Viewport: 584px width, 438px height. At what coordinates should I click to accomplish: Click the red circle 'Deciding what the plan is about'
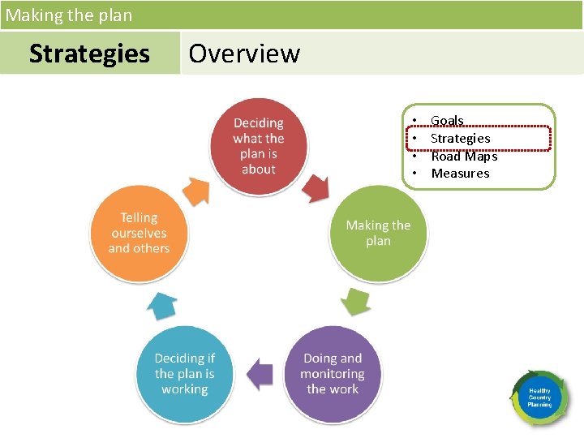pos(258,146)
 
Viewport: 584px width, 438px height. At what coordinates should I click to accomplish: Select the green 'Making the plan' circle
pos(378,233)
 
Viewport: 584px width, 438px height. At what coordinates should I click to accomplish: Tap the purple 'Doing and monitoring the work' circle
pos(333,374)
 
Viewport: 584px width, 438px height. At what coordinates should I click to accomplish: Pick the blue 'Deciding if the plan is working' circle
pos(185,374)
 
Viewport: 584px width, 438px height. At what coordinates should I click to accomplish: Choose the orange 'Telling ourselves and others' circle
pos(139,234)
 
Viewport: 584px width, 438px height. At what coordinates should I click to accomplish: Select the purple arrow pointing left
pos(260,374)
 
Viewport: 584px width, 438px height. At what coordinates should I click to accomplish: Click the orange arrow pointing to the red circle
pos(196,191)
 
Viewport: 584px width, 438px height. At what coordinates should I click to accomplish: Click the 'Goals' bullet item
pos(447,121)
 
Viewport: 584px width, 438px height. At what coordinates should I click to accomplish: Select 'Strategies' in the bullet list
pos(460,139)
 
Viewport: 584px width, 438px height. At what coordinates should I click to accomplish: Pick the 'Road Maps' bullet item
pos(464,156)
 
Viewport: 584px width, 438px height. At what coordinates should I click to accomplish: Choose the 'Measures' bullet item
pos(460,173)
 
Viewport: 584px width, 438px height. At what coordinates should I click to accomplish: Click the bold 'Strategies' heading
pos(89,54)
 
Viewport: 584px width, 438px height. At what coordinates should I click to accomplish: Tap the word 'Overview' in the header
pos(244,54)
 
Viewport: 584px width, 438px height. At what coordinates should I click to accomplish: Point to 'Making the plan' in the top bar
pos(69,15)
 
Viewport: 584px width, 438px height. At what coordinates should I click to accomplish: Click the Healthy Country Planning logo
pos(539,397)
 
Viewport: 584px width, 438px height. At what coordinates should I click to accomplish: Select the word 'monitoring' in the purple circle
pos(332,374)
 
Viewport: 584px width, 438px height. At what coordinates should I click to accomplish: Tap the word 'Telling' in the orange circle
pos(139,217)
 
